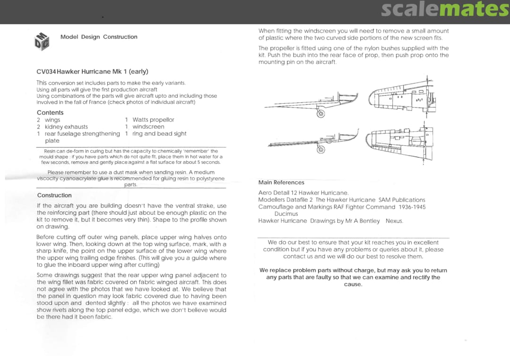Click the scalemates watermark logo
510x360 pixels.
[x=444, y=10]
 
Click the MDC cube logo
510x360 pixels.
[x=42, y=41]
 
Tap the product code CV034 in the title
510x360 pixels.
[x=46, y=72]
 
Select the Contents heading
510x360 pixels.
[x=50, y=113]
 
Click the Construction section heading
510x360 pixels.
[x=54, y=195]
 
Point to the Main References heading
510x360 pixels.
[x=281, y=183]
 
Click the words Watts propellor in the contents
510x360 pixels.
[x=153, y=120]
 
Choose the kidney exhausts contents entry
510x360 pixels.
[x=66, y=127]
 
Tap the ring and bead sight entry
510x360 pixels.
[x=160, y=134]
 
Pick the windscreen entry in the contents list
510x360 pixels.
[x=148, y=127]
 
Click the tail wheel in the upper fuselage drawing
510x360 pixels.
[x=321, y=113]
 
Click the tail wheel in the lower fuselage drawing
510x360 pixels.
[x=321, y=150]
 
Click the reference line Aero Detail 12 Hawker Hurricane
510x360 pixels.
[x=303, y=193]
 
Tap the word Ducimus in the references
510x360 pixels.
[x=286, y=214]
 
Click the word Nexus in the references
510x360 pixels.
[x=394, y=221]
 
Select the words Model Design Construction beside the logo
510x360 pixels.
[x=99, y=37]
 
